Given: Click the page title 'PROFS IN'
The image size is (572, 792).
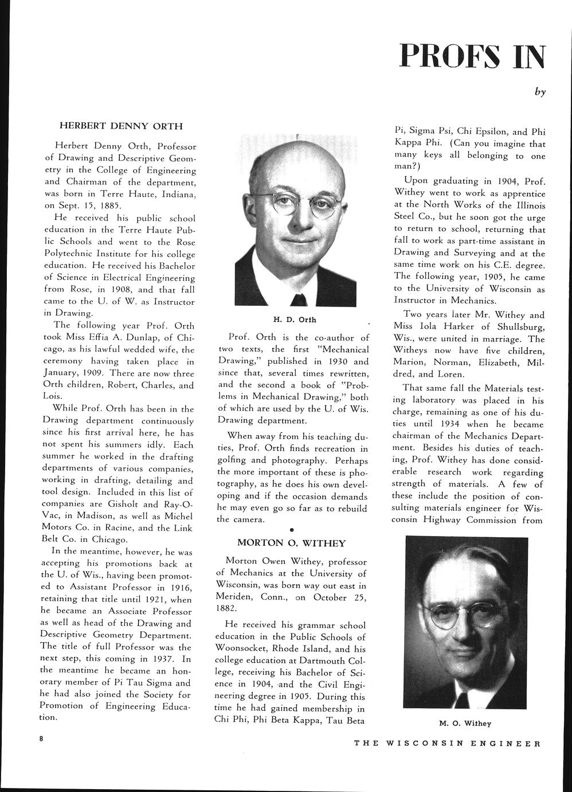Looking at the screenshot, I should point(472,56).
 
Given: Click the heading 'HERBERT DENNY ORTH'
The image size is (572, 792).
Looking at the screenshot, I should point(122,126).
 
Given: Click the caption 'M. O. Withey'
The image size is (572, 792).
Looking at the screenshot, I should point(465,724).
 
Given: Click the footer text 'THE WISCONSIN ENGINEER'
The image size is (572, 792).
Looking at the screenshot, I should point(447,743).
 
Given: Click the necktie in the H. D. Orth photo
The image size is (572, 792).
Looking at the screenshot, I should point(299,300).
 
